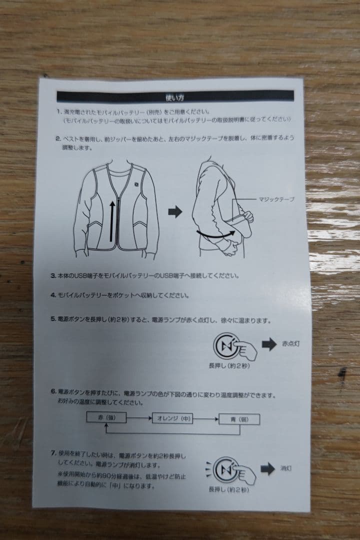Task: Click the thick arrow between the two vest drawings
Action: click(175, 212)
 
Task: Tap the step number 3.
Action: click(53, 275)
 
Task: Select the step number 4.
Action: click(52, 295)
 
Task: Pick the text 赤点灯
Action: click(290, 344)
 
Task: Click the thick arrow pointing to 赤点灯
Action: click(269, 344)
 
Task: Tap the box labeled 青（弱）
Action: click(239, 418)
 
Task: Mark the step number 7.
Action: click(53, 453)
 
